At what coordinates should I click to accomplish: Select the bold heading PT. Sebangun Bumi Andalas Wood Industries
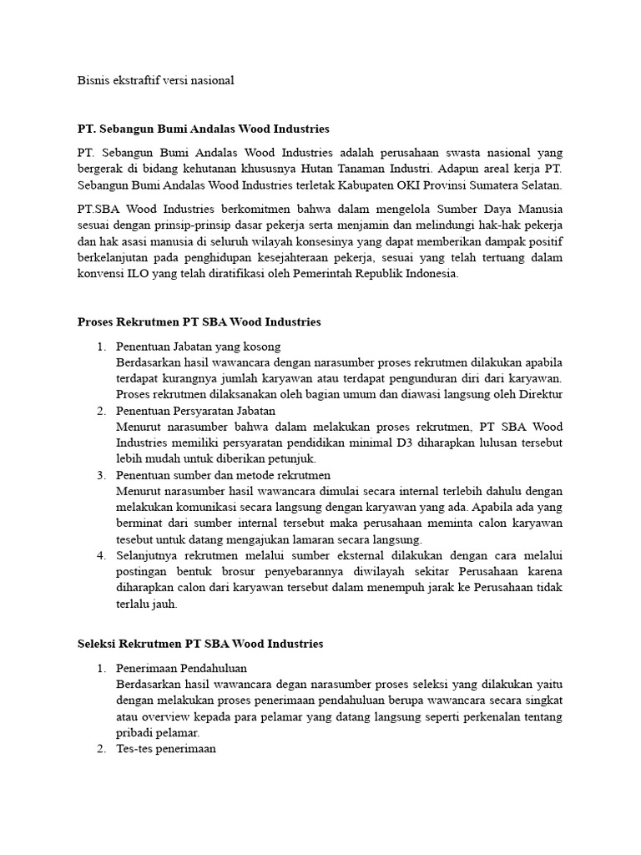203,129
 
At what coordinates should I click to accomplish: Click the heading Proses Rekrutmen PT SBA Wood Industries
199,321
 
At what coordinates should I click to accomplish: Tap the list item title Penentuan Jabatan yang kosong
198,346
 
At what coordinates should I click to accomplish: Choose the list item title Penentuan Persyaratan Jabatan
195,411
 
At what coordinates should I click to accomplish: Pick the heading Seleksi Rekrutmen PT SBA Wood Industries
199,644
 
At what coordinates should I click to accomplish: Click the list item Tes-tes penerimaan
166,749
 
